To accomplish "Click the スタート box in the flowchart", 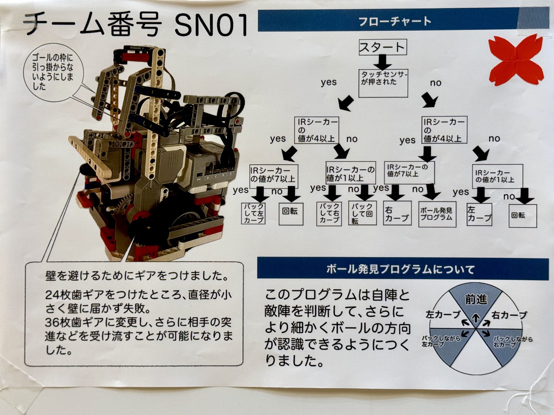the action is tap(383, 47).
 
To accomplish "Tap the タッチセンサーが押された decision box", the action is tap(383, 83).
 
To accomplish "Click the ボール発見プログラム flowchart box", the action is tap(437, 214).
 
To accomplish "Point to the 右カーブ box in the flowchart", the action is tap(397, 213).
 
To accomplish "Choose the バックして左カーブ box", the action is tap(254, 213).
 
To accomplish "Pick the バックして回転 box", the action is tap(362, 213).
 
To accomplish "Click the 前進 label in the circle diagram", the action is tap(476, 300).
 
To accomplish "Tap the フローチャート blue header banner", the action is tap(403, 20).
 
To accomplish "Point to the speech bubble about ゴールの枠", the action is tap(53, 73).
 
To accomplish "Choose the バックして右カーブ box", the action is tap(329, 213).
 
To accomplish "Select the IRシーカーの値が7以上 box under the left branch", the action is tap(274, 176).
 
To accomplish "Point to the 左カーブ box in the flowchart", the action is tap(479, 214).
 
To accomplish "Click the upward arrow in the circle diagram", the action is tap(476, 318).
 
